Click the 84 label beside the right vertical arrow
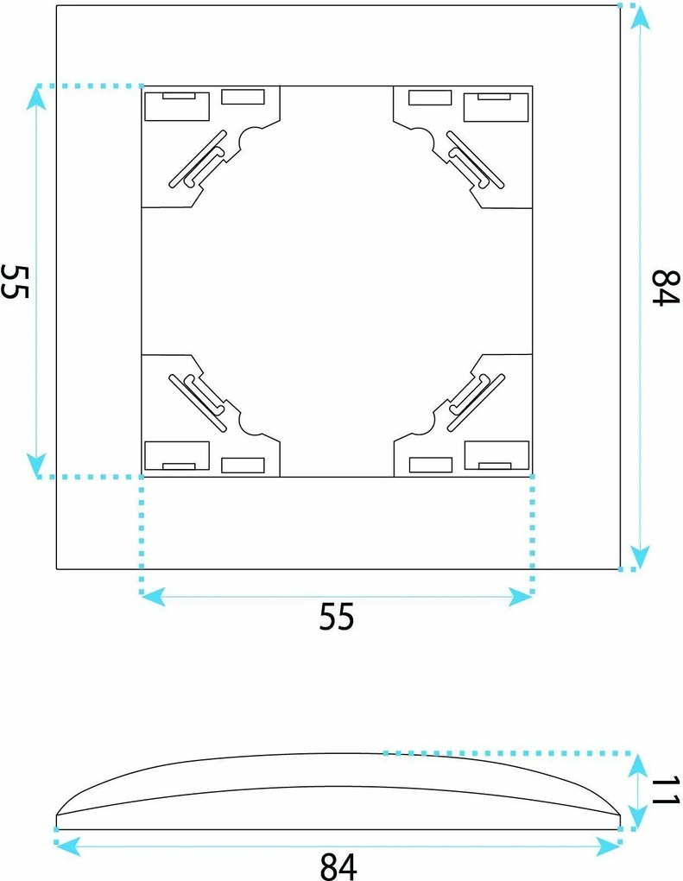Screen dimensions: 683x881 [666, 288]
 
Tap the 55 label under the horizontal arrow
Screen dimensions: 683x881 [337, 617]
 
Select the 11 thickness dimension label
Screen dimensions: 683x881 [666, 790]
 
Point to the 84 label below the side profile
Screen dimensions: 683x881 [338, 865]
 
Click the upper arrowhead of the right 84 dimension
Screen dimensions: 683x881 [639, 18]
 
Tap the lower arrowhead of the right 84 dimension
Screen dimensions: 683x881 [639, 557]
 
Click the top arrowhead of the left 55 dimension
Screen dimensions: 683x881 [36, 98]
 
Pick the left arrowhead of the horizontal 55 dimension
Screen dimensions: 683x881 [154, 597]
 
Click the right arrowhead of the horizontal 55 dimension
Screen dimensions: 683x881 [520, 597]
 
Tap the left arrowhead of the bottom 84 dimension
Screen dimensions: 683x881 [68, 846]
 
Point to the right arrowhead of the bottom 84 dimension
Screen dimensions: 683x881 [608, 846]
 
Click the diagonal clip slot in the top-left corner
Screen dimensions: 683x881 [198, 159]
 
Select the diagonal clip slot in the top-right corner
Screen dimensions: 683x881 [475, 159]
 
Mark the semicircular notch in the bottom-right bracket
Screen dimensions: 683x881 [423, 422]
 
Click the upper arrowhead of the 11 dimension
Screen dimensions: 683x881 [637, 764]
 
